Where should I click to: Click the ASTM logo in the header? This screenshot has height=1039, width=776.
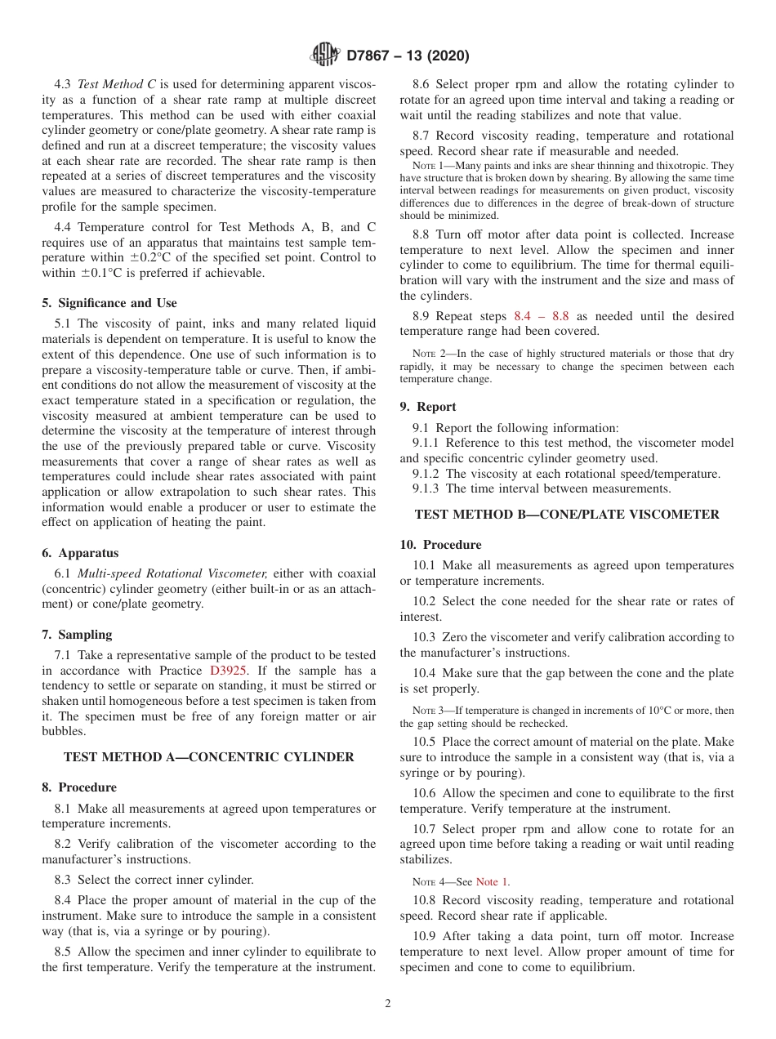[325, 56]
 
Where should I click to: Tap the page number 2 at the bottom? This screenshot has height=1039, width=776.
[388, 1004]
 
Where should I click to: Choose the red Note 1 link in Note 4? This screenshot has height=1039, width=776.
[492, 881]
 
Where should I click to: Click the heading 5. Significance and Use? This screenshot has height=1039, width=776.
[109, 303]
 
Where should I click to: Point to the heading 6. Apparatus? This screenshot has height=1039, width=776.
[80, 553]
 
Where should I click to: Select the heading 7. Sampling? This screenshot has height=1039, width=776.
[77, 635]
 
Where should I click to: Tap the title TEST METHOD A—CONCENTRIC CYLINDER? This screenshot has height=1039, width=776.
[208, 757]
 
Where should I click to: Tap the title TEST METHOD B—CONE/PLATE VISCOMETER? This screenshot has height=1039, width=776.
[567, 515]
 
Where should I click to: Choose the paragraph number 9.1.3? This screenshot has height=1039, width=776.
[426, 488]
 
